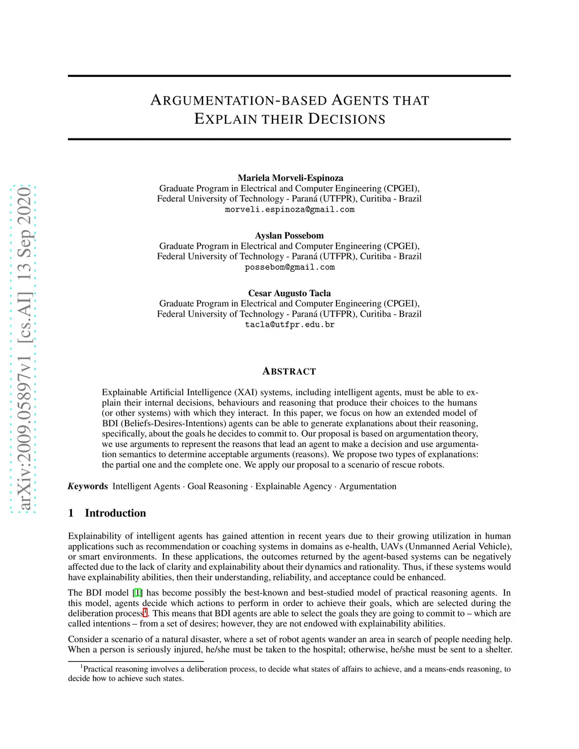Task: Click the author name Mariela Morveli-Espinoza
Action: pyautogui.click(x=290, y=177)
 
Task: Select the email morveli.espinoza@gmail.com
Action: pyautogui.click(x=289, y=210)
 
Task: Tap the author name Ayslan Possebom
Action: pyautogui.click(x=289, y=235)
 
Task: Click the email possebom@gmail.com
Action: pyautogui.click(x=289, y=267)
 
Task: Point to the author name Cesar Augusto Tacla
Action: pyautogui.click(x=289, y=293)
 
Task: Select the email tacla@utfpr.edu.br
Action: pyautogui.click(x=289, y=325)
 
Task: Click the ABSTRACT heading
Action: pyautogui.click(x=289, y=371)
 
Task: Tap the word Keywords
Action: pyautogui.click(x=88, y=486)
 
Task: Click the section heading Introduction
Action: pyautogui.click(x=115, y=513)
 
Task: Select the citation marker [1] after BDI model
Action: pyautogui.click(x=137, y=593)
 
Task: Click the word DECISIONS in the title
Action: pyautogui.click(x=347, y=119)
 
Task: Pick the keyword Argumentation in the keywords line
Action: pyautogui.click(x=368, y=486)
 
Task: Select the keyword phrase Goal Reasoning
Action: pyautogui.click(x=218, y=486)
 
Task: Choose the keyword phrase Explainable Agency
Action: pyautogui.click(x=293, y=486)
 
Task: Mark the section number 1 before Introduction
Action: pyautogui.click(x=71, y=513)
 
